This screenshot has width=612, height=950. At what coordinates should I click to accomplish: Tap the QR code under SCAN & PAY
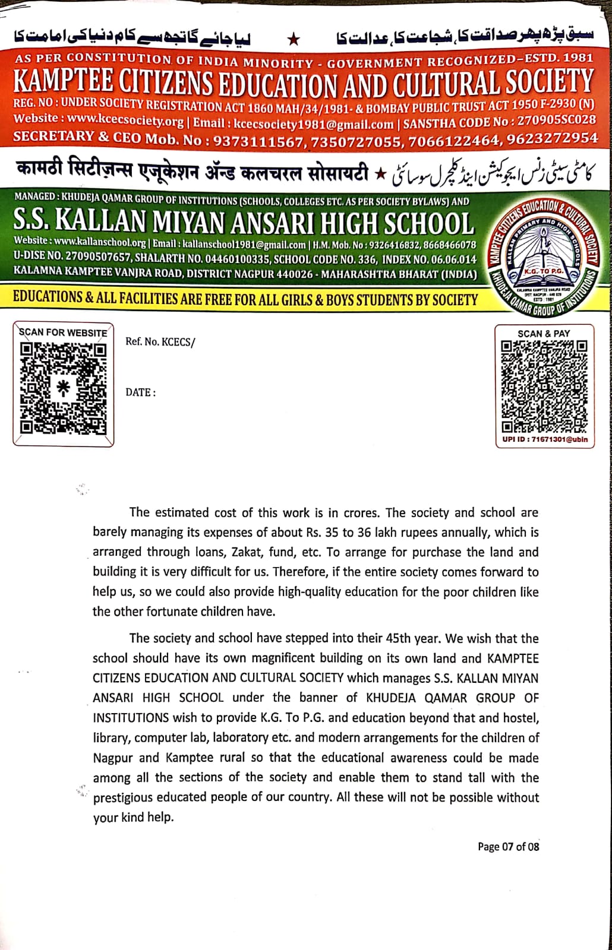[x=544, y=387]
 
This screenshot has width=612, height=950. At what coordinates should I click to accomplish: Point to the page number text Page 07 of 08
[x=508, y=847]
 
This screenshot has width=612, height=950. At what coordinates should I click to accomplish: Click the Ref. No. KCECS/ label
[x=160, y=342]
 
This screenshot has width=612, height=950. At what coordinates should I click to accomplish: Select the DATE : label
[x=141, y=392]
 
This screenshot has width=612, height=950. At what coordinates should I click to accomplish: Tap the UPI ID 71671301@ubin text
[x=545, y=440]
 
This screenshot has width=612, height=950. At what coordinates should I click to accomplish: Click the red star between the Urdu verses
[x=294, y=40]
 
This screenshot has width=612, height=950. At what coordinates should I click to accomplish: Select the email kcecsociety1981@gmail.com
[x=314, y=124]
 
